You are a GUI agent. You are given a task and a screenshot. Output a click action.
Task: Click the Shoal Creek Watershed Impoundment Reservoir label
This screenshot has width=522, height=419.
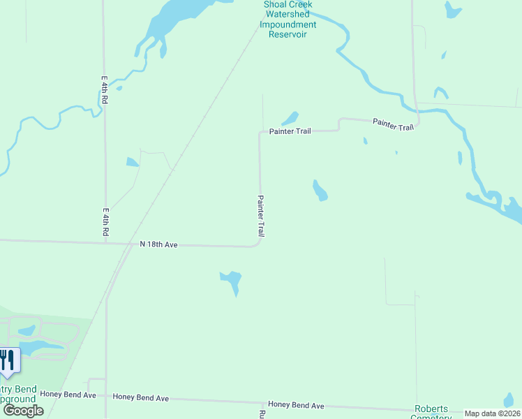(x=288, y=20)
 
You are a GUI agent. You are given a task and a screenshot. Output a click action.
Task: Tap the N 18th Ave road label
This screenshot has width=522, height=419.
(x=158, y=244)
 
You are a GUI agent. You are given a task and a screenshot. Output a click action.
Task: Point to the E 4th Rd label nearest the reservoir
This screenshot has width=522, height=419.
(x=104, y=90)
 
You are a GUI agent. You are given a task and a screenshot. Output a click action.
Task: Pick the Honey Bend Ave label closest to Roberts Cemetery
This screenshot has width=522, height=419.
(x=296, y=405)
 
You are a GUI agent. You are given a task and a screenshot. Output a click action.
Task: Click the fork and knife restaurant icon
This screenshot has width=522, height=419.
(x=6, y=360)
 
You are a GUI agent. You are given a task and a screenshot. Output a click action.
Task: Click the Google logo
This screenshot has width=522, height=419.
(x=23, y=411)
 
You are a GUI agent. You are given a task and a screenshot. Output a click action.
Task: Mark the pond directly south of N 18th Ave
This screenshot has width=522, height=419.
(x=232, y=281)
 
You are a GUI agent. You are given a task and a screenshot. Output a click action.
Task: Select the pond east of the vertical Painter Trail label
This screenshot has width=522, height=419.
(x=320, y=190)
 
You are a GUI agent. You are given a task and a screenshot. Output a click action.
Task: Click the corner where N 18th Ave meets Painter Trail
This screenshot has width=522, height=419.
(x=260, y=244)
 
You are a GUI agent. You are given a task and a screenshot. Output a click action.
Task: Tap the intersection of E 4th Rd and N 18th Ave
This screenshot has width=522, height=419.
(x=106, y=243)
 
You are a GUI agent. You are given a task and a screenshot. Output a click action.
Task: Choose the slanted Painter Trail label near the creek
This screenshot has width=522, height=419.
(x=394, y=124)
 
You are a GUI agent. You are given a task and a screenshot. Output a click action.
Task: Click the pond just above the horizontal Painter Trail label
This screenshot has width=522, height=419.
(x=290, y=118)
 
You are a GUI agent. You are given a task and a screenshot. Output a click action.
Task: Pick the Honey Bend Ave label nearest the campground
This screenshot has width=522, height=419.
(x=68, y=395)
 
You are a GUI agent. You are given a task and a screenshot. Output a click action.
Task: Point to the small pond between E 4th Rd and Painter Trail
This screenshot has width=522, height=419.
(x=132, y=163)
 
